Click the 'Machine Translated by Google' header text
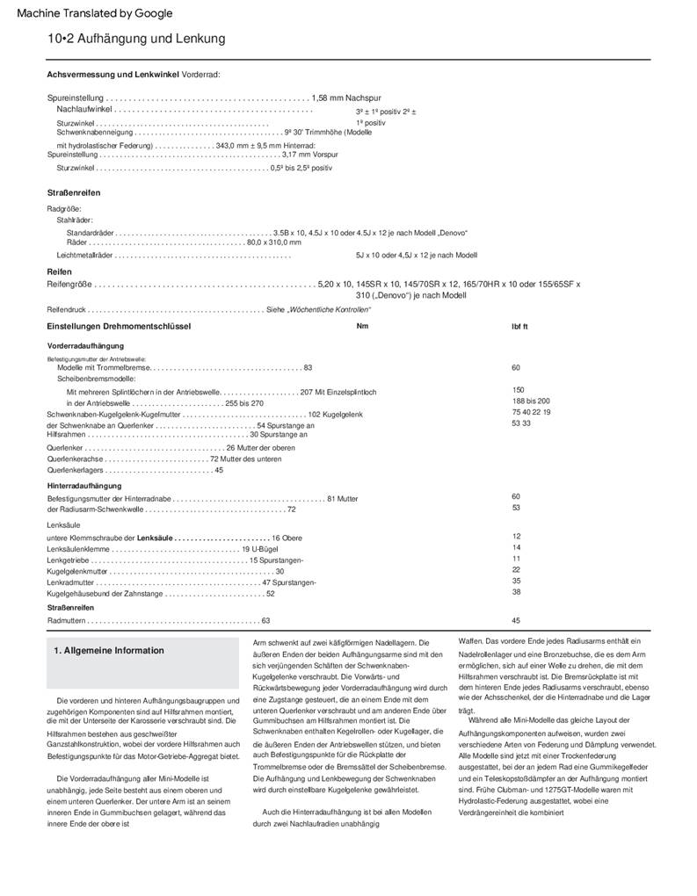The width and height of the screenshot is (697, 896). pyautogui.click(x=95, y=13)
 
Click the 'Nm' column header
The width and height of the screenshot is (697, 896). pyautogui.click(x=362, y=326)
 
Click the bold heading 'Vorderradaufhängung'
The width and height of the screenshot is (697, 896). pyautogui.click(x=85, y=346)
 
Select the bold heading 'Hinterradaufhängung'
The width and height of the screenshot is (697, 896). pyautogui.click(x=85, y=485)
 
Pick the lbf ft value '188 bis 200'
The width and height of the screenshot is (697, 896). pyautogui.click(x=531, y=400)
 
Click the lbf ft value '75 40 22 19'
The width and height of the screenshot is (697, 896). pyautogui.click(x=531, y=411)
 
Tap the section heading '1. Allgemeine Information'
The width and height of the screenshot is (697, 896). pyautogui.click(x=109, y=651)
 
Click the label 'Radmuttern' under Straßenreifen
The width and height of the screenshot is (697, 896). pyautogui.click(x=66, y=620)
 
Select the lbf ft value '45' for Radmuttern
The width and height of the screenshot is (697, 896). pyautogui.click(x=516, y=620)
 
